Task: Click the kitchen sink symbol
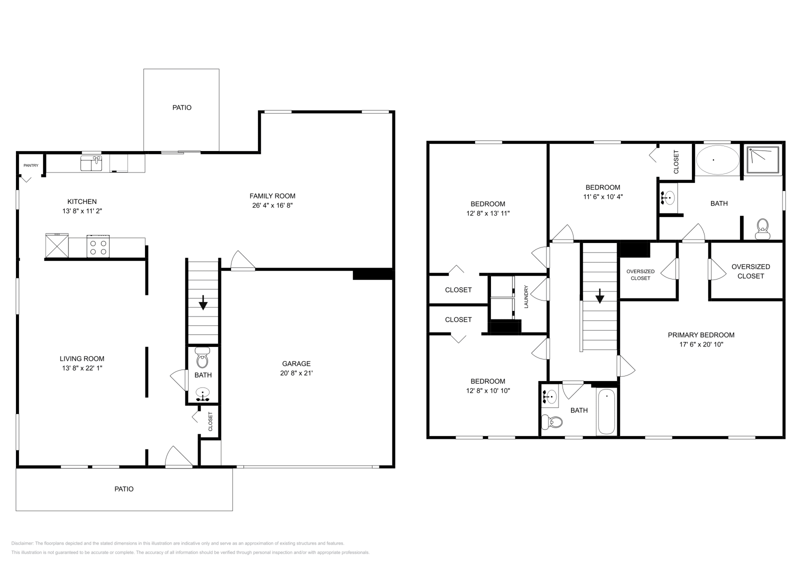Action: coord(91,163)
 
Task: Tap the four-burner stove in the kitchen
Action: coord(98,246)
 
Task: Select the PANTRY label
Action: coord(30,165)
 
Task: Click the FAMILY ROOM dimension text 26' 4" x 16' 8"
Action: coord(272,205)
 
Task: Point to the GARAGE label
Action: coord(296,363)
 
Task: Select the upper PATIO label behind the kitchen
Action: coord(182,107)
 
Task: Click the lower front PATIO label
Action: coord(124,489)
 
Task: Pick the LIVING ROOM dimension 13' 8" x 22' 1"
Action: coord(82,368)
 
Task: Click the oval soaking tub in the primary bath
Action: coord(717,160)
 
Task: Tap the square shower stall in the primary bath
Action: coord(763,160)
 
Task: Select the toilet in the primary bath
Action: coord(762,228)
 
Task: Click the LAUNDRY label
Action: coord(526,296)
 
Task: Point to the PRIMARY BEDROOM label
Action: coord(701,335)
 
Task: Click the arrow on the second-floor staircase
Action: coord(599,297)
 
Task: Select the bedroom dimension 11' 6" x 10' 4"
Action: coord(602,197)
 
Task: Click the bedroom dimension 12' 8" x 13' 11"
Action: coord(487,213)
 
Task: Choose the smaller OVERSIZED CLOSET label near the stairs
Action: coord(640,274)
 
